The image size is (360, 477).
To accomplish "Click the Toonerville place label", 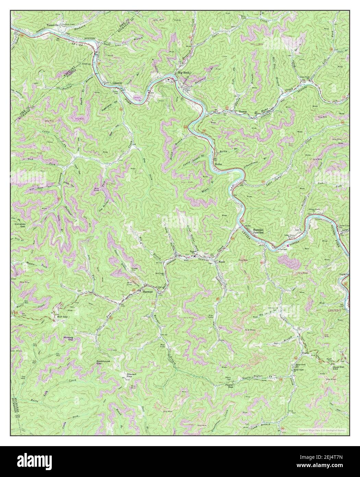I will pyautogui.click(x=54, y=25).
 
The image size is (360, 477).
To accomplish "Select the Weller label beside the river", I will pyautogui.click(x=219, y=164).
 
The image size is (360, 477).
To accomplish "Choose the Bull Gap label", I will pyautogui.click(x=62, y=317).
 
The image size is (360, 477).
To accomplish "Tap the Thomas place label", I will pyautogui.click(x=243, y=112).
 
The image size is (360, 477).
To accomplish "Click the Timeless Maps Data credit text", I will pyautogui.click(x=322, y=430).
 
